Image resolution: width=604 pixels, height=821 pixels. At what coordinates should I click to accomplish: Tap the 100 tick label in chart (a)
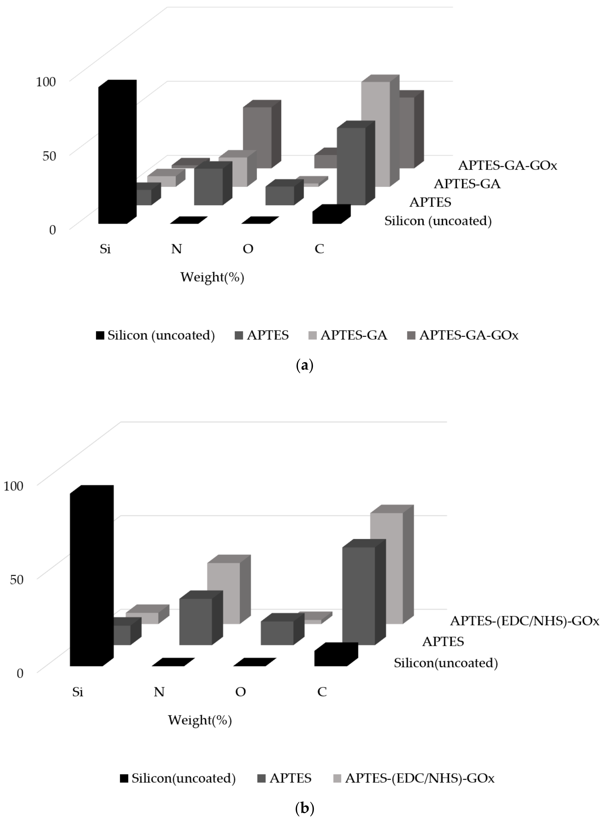click(46, 81)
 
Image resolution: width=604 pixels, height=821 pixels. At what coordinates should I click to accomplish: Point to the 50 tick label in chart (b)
click(17, 579)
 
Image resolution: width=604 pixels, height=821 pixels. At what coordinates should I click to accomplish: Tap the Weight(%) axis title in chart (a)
click(212, 277)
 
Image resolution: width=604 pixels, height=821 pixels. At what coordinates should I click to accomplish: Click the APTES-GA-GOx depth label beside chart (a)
click(508, 165)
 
